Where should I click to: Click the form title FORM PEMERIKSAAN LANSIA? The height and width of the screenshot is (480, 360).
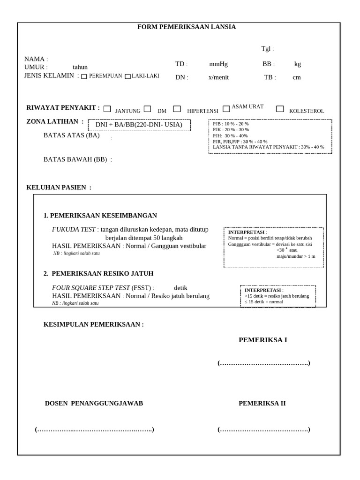[187, 27]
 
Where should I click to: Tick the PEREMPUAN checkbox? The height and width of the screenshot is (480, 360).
[84, 76]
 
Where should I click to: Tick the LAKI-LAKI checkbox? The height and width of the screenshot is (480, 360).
[127, 76]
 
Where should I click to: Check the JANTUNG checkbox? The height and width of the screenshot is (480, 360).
[107, 109]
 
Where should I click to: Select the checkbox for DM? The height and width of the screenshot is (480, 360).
[147, 109]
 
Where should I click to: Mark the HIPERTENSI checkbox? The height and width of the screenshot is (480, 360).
[177, 109]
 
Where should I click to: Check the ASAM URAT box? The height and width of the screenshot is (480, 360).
[226, 109]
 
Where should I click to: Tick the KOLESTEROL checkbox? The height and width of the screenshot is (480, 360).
[280, 109]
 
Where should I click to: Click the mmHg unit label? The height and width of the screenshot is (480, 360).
[218, 64]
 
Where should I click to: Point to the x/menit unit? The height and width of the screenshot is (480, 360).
[218, 77]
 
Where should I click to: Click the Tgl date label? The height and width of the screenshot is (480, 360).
[268, 49]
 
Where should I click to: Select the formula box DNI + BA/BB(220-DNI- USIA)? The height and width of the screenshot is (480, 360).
[139, 125]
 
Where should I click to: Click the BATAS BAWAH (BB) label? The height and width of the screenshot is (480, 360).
[75, 159]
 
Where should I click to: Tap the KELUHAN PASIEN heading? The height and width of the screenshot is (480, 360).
[59, 187]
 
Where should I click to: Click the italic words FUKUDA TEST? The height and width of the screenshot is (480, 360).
[74, 230]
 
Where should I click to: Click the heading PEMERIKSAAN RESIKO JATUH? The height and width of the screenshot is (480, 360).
[102, 273]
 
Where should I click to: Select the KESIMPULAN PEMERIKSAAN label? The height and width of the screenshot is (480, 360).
[94, 324]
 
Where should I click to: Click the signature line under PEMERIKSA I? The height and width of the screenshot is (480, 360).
[263, 363]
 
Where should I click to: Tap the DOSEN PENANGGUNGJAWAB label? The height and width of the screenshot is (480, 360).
[94, 403]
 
